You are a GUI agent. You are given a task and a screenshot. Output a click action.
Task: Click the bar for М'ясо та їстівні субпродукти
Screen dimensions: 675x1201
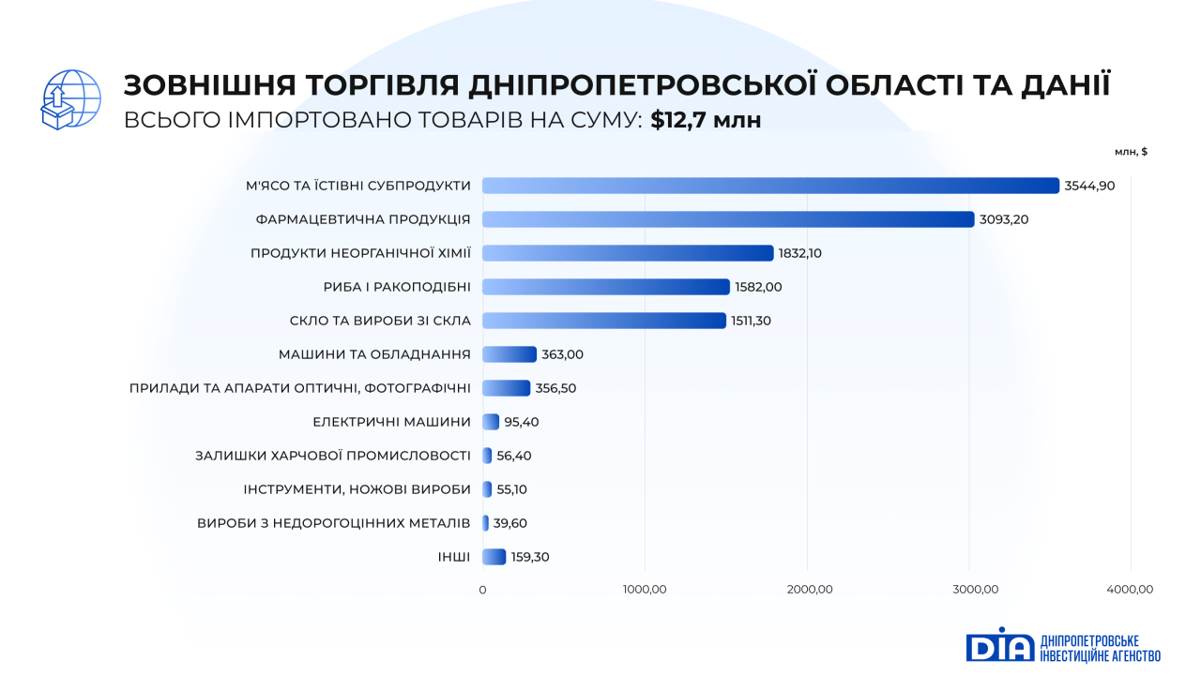click(769, 186)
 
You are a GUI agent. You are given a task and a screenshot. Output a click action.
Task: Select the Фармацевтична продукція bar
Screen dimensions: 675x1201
click(727, 219)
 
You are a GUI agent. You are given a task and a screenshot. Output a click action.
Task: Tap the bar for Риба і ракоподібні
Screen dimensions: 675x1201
click(605, 287)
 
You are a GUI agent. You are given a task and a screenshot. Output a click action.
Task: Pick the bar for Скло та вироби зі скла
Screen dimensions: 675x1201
click(603, 321)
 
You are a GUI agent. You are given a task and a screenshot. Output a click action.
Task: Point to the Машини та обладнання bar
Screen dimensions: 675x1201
click(509, 354)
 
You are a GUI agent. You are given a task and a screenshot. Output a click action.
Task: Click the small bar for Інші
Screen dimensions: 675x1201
click(494, 557)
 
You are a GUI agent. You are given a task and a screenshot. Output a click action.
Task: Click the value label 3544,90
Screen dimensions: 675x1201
click(1089, 186)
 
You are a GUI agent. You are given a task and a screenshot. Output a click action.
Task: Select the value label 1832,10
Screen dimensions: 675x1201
click(799, 253)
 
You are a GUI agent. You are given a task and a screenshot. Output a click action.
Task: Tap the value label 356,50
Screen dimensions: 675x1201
click(556, 388)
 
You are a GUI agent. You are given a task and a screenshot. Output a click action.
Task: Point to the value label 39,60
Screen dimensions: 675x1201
click(510, 523)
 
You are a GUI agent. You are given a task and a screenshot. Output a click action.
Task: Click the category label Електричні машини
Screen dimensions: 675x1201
click(391, 422)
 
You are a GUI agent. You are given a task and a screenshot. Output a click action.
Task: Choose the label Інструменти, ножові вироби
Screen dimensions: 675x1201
click(357, 489)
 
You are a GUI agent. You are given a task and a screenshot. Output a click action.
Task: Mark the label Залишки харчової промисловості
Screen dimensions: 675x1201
click(332, 456)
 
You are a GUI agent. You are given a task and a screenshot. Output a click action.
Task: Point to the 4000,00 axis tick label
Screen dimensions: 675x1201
click(1130, 590)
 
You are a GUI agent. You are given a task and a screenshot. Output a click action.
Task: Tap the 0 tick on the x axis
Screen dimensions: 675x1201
click(482, 590)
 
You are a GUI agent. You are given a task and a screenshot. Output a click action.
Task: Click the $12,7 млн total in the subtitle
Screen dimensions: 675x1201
click(706, 120)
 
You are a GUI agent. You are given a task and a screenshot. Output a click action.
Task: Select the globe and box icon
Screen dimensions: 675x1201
click(71, 99)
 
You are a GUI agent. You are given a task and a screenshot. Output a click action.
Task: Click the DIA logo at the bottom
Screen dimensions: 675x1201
click(1000, 646)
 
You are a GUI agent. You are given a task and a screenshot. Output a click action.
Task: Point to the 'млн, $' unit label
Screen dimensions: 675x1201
click(1131, 152)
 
